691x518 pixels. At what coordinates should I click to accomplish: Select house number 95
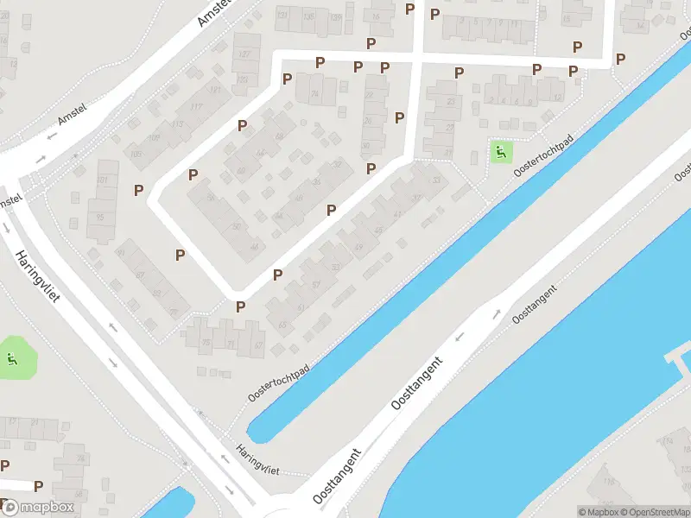point(100,217)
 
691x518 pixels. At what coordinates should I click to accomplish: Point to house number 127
point(244,54)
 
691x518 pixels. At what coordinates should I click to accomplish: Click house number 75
point(206,344)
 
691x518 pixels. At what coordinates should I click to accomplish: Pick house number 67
point(257,345)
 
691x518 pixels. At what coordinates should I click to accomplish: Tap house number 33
point(436,180)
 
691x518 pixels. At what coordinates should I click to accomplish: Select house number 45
point(379,230)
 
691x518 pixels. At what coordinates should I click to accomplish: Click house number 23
point(450,101)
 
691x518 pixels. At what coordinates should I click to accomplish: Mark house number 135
point(335,16)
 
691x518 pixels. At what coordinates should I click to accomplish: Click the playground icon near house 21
point(499,154)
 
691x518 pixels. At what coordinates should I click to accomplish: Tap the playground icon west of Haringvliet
point(12,358)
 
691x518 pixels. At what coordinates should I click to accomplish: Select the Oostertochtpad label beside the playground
point(543,160)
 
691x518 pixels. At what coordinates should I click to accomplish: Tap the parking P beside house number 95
point(138,190)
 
